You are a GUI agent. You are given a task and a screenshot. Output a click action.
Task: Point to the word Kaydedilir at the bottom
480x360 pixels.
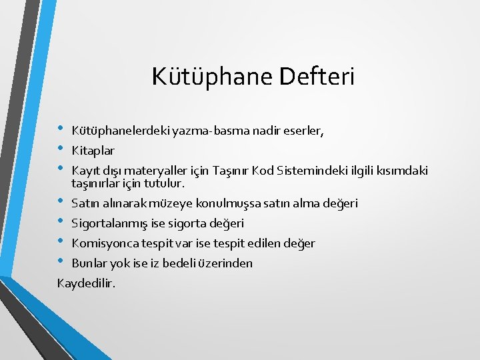click(86, 283)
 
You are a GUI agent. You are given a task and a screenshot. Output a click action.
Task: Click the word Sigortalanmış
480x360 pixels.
click(108, 223)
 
